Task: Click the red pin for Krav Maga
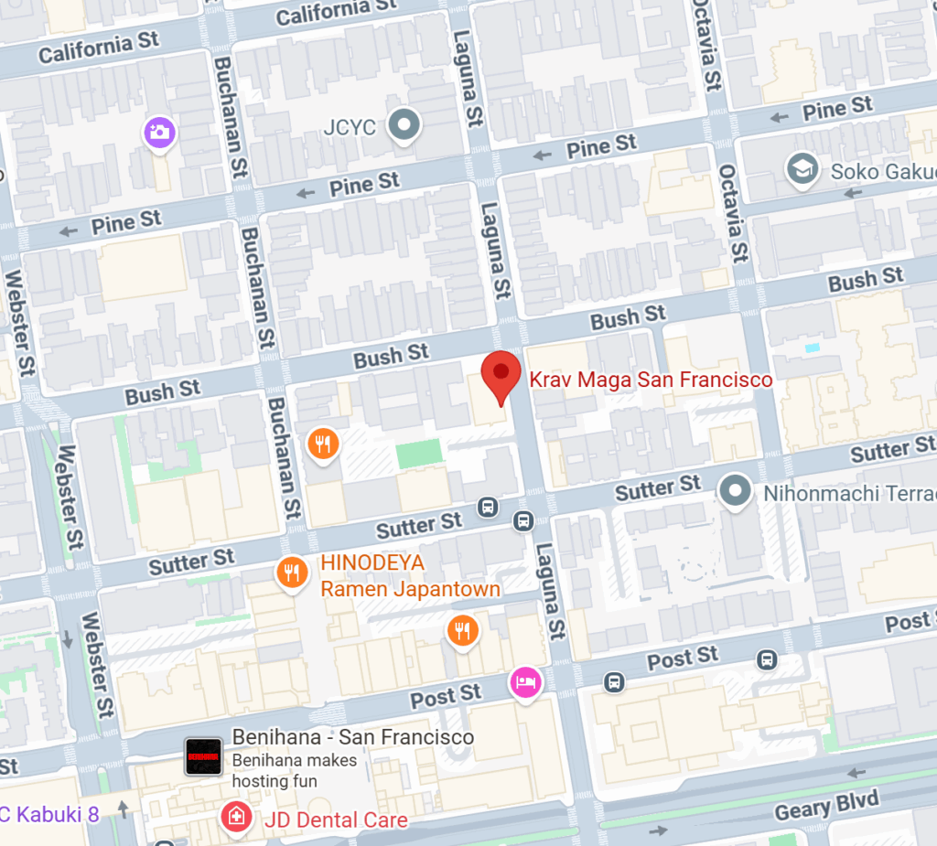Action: pos(501,374)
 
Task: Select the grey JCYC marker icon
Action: pos(403,126)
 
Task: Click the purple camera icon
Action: pos(159,132)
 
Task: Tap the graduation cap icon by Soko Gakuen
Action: pos(802,169)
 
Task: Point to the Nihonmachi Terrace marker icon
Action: pos(735,491)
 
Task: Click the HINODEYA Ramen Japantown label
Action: pos(410,576)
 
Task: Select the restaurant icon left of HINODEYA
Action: pos(291,573)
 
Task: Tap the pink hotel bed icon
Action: pos(525,681)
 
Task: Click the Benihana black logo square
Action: pos(203,757)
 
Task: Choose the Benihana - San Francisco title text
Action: pos(352,737)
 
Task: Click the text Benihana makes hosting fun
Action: pos(295,770)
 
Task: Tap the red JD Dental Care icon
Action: pos(236,817)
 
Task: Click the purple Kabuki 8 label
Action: pos(49,813)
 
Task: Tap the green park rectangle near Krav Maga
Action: pos(419,454)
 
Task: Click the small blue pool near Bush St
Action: pos(811,348)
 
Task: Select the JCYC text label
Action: pos(350,127)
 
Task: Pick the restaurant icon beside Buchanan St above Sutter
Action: pos(322,444)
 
